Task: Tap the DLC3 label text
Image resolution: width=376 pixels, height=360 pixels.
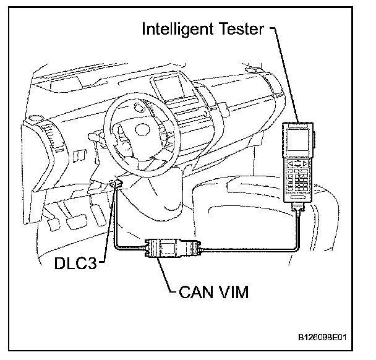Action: [x=74, y=264]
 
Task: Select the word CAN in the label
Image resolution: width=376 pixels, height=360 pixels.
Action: [x=192, y=292]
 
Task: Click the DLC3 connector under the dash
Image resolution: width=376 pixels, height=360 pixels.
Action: [x=114, y=183]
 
